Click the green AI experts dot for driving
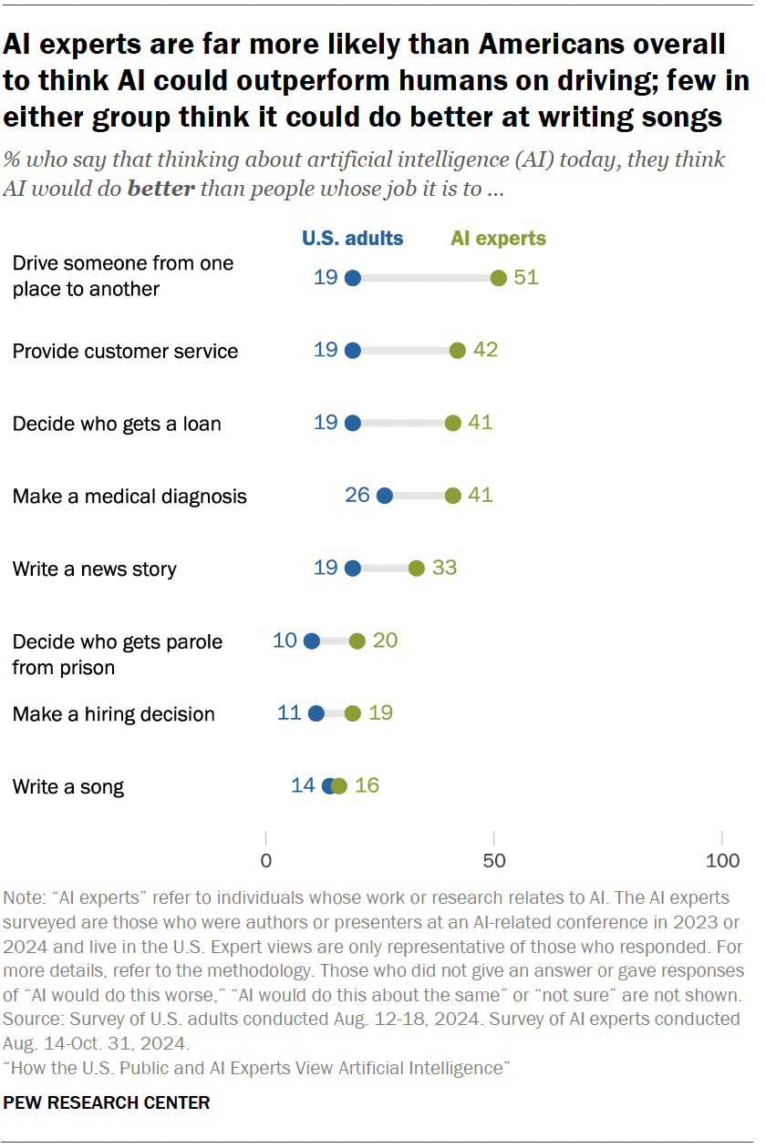pyautogui.click(x=498, y=278)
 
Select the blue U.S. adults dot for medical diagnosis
pyautogui.click(x=384, y=496)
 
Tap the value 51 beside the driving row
pyautogui.click(x=526, y=277)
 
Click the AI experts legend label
pyautogui.click(x=498, y=239)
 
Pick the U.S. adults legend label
pyautogui.click(x=353, y=239)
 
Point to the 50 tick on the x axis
pyautogui.click(x=493, y=859)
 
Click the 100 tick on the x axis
pyautogui.click(x=723, y=859)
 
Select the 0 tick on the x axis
pyautogui.click(x=265, y=859)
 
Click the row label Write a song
pyautogui.click(x=68, y=787)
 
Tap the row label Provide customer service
pyautogui.click(x=125, y=352)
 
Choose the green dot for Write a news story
pyautogui.click(x=416, y=569)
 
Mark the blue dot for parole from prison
pyautogui.click(x=312, y=641)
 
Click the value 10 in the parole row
pyautogui.click(x=285, y=641)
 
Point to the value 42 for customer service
pyautogui.click(x=485, y=351)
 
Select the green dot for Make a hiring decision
pyautogui.click(x=353, y=713)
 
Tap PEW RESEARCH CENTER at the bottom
pyautogui.click(x=107, y=1102)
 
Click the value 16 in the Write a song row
pyautogui.click(x=366, y=785)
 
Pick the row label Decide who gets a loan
pyautogui.click(x=117, y=424)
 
